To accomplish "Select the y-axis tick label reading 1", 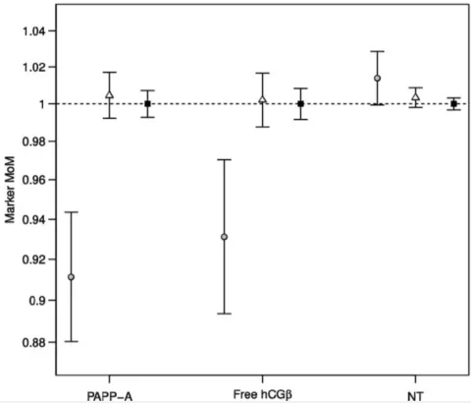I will [41, 104].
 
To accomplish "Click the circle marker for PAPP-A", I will [71, 277].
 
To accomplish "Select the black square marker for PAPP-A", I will [147, 103].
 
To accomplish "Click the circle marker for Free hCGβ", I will [224, 237].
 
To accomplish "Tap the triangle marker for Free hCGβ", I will [262, 99].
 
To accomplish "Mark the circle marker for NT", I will [377, 79].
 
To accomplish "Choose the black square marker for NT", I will [453, 103].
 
